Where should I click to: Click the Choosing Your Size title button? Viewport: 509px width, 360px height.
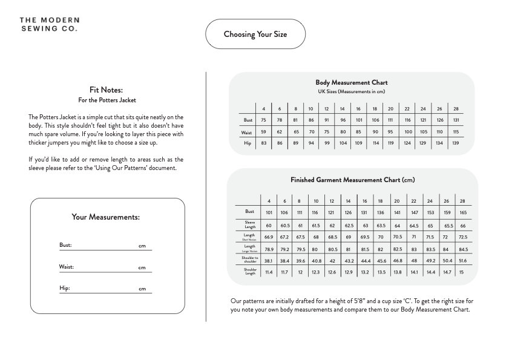255,34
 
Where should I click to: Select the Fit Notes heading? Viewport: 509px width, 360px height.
106,90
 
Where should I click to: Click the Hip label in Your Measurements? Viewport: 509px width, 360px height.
65,288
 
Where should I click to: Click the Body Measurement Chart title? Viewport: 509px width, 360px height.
352,82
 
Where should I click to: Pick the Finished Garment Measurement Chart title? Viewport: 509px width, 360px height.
352,180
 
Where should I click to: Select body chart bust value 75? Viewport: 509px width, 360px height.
264,120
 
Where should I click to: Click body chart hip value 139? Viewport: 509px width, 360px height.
456,143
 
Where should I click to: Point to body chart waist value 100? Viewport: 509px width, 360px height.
408,132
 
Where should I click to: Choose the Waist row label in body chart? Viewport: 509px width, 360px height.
246,132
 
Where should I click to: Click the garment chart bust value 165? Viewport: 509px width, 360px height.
463,212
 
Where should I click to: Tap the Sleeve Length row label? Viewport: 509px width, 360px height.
249,224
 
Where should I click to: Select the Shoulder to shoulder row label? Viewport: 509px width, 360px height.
249,260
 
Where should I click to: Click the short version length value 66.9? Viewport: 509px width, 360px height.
269,237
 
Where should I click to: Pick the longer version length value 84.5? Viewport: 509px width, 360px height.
463,249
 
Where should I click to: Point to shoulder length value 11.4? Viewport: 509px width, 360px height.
269,272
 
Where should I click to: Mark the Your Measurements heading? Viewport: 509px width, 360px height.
106,217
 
